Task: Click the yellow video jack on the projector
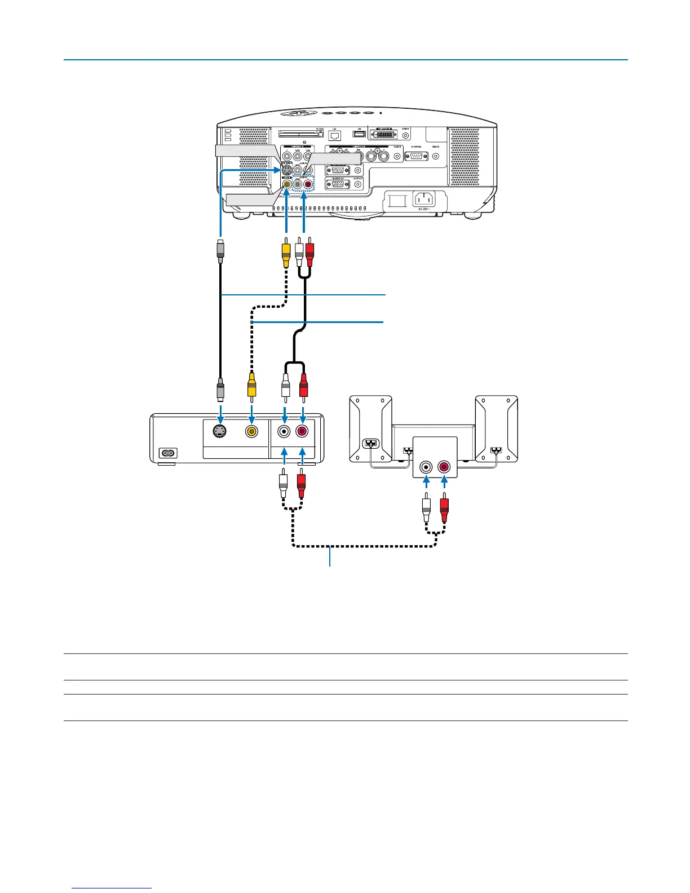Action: click(287, 183)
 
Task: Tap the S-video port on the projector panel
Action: click(286, 170)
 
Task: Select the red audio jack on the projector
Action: click(307, 183)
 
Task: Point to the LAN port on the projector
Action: click(335, 135)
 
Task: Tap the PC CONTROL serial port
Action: click(417, 156)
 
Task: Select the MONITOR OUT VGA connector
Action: click(338, 184)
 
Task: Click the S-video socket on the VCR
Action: click(220, 431)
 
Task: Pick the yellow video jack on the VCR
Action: click(251, 431)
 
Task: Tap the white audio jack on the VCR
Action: click(285, 431)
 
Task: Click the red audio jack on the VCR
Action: click(302, 431)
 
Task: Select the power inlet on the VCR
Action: click(168, 453)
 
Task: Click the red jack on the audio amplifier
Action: click(444, 467)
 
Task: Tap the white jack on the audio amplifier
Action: click(426, 467)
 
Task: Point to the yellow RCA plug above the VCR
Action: click(251, 386)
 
